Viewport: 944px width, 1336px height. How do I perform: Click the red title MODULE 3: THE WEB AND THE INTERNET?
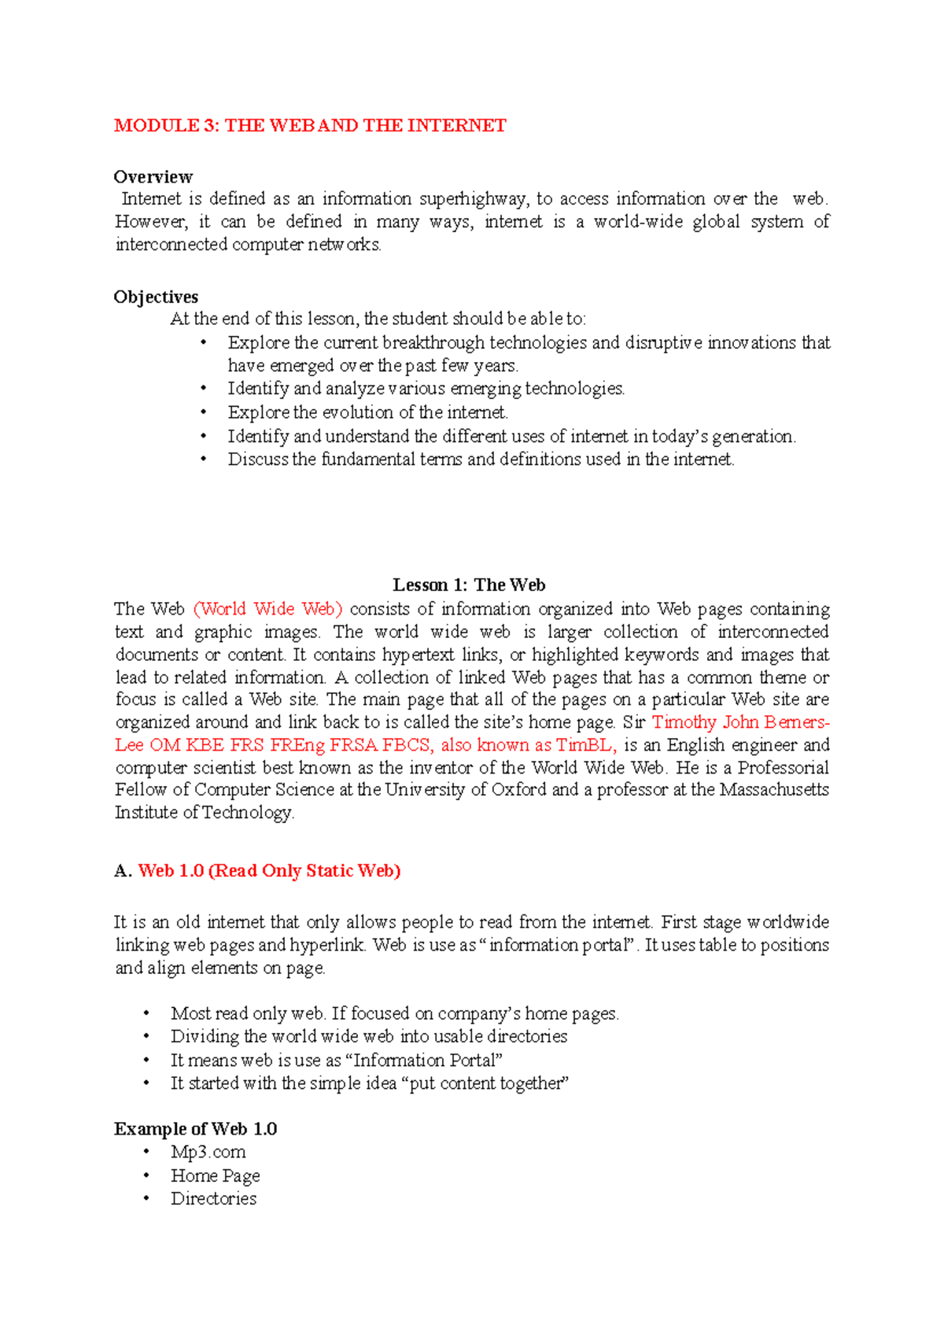tap(310, 126)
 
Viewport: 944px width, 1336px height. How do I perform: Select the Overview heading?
tap(153, 177)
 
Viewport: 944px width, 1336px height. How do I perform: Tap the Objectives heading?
tap(156, 297)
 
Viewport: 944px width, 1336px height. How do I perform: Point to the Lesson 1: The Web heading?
tap(469, 585)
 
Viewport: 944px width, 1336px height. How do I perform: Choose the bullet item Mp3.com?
tap(208, 1152)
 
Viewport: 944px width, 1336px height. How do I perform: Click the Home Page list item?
tap(216, 1175)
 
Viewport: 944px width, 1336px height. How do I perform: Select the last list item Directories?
tap(214, 1198)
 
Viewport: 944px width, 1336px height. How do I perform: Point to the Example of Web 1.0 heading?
tap(195, 1129)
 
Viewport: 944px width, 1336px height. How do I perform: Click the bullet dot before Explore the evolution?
tap(204, 412)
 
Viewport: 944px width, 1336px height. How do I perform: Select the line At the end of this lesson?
tap(378, 319)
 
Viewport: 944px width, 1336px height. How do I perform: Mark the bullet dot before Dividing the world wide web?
tap(146, 1036)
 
